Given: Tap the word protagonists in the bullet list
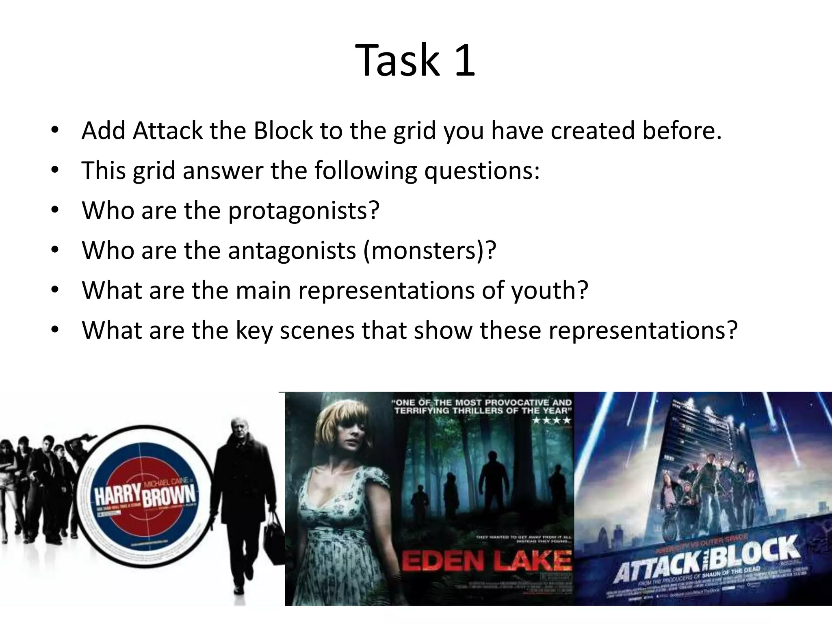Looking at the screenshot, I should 304,210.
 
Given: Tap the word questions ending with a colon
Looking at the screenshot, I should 482,171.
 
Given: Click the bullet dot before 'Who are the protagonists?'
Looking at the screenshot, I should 55,210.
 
